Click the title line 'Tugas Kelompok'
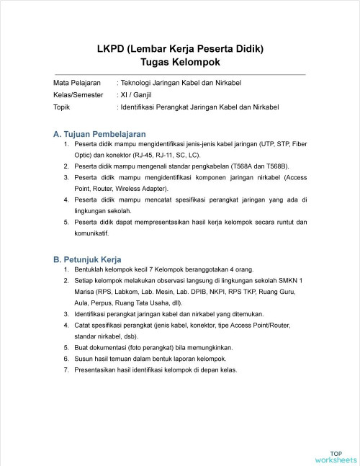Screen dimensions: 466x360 pyautogui.click(x=180, y=63)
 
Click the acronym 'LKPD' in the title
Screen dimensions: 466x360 pyautogui.click(x=114, y=49)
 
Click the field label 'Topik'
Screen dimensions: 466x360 pyautogui.click(x=63, y=107)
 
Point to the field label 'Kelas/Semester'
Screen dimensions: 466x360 pyautogui.click(x=78, y=94)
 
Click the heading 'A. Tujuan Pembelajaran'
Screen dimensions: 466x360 pyautogui.click(x=99, y=134)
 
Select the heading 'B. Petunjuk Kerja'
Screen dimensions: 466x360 pyautogui.click(x=87, y=259)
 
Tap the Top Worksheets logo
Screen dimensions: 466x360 pyautogui.click(x=336, y=455)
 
